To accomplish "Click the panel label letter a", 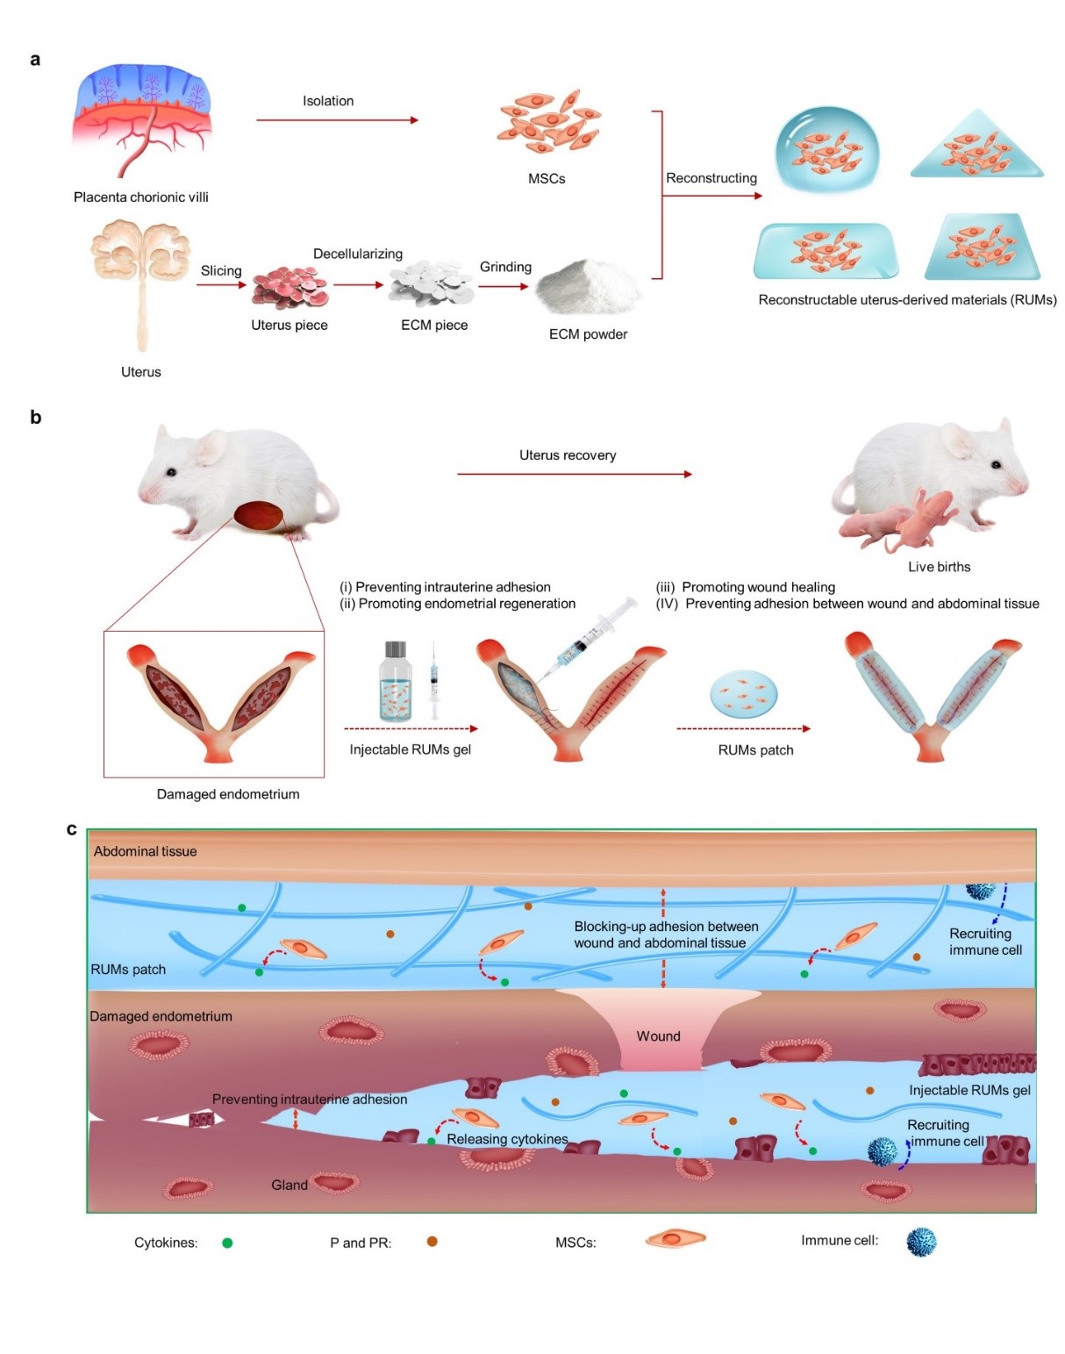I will click(35, 60).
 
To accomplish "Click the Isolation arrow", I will click(337, 120).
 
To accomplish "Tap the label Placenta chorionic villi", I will click(141, 197).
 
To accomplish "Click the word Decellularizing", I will click(358, 254).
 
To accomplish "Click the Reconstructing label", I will click(711, 178).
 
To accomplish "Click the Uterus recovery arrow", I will click(574, 474).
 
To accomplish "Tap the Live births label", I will click(939, 567).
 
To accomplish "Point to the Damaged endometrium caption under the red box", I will click(228, 794).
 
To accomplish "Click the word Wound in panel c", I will click(658, 1036).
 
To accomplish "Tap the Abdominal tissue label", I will click(146, 851).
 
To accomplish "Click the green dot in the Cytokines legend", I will click(227, 1243).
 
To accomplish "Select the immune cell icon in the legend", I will click(920, 1242).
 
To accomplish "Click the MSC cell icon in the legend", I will click(675, 1239).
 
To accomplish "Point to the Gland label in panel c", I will click(289, 1185).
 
